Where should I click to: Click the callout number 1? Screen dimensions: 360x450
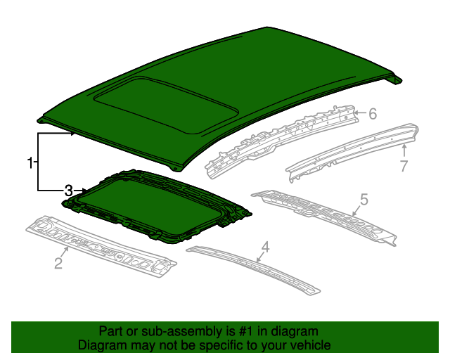click(30, 163)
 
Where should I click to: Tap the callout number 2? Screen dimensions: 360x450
click(58, 264)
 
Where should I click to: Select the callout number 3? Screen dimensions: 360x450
click(68, 191)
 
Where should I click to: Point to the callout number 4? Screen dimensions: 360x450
click(265, 247)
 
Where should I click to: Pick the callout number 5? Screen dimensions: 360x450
click(363, 200)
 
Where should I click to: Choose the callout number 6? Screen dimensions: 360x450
click(373, 113)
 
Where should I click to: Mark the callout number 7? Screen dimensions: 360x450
click(404, 166)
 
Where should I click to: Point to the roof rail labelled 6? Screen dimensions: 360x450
click(281, 137)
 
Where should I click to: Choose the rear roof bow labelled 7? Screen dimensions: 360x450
click(352, 148)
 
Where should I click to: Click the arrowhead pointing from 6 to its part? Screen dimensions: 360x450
click(356, 112)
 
